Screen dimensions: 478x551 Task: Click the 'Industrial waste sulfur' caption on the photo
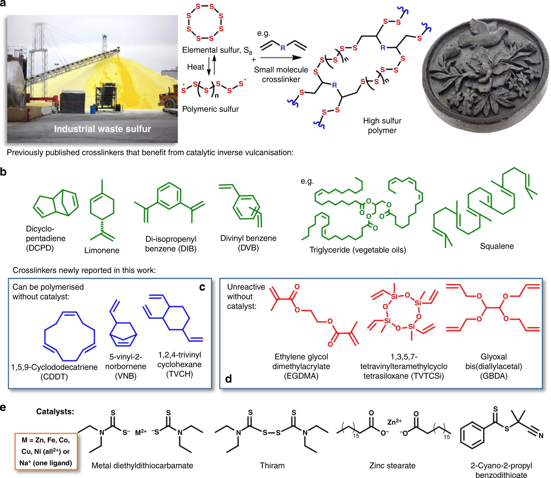102,129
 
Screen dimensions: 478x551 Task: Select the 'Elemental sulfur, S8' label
217,50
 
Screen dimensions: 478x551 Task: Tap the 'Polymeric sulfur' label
210,109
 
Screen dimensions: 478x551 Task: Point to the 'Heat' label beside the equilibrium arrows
195,67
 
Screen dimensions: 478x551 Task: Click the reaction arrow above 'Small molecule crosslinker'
281,58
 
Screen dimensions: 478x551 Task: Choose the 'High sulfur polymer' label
382,125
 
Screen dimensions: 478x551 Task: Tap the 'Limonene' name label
102,250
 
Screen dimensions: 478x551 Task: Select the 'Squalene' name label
497,246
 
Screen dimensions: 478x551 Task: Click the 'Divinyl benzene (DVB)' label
248,243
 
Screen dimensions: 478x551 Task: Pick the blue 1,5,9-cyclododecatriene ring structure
70,336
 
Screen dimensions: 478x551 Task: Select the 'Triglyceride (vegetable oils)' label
357,250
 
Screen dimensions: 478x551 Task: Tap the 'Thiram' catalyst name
272,465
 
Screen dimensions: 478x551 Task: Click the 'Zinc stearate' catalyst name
392,465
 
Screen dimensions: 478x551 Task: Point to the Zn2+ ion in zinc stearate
394,422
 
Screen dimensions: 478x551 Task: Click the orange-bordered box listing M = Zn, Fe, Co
46,451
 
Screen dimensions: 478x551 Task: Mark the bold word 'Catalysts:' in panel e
55,412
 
